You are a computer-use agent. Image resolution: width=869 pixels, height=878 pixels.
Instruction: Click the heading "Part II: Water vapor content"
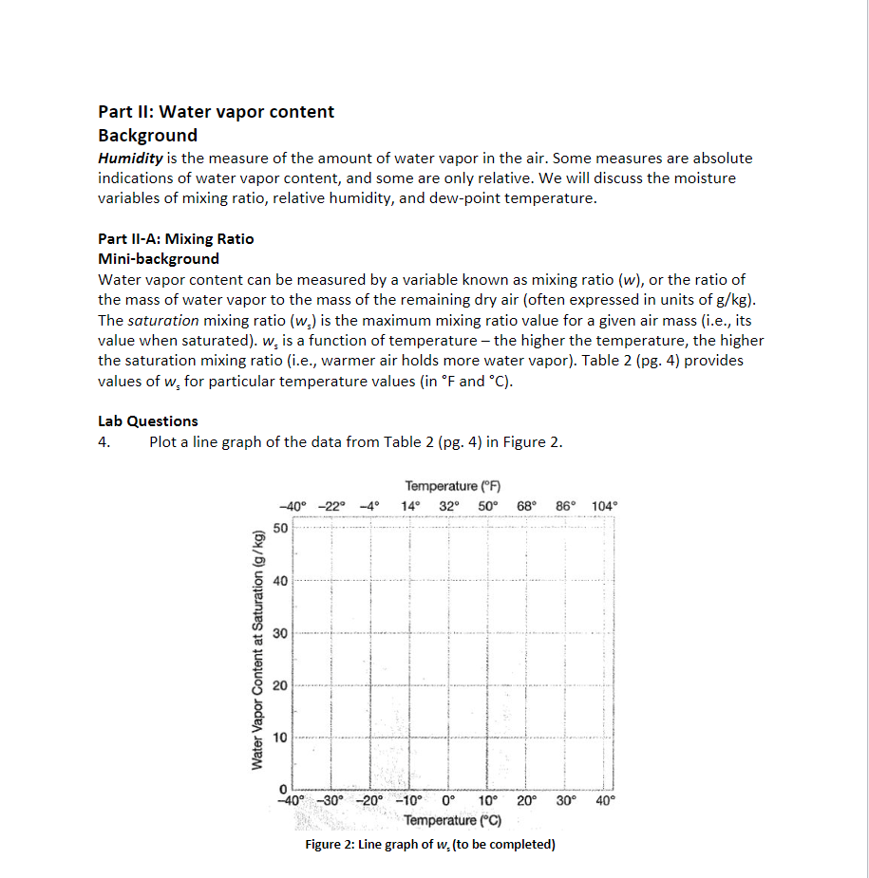tap(216, 112)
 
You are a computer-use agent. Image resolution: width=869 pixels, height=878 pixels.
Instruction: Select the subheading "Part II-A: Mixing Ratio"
tap(176, 239)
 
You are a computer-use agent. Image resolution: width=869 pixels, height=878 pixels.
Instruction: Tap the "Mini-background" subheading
tap(159, 259)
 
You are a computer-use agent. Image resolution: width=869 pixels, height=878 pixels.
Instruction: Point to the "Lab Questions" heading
tap(148, 421)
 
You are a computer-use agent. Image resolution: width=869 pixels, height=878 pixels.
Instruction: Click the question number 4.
tap(104, 442)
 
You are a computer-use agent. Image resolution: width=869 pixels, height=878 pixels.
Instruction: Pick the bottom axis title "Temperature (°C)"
tap(453, 820)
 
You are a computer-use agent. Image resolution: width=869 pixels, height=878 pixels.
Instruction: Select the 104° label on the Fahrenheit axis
tap(604, 506)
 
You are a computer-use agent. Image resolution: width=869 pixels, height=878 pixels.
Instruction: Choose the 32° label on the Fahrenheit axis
tap(450, 506)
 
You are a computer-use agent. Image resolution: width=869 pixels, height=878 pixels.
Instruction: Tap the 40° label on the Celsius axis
tap(605, 800)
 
